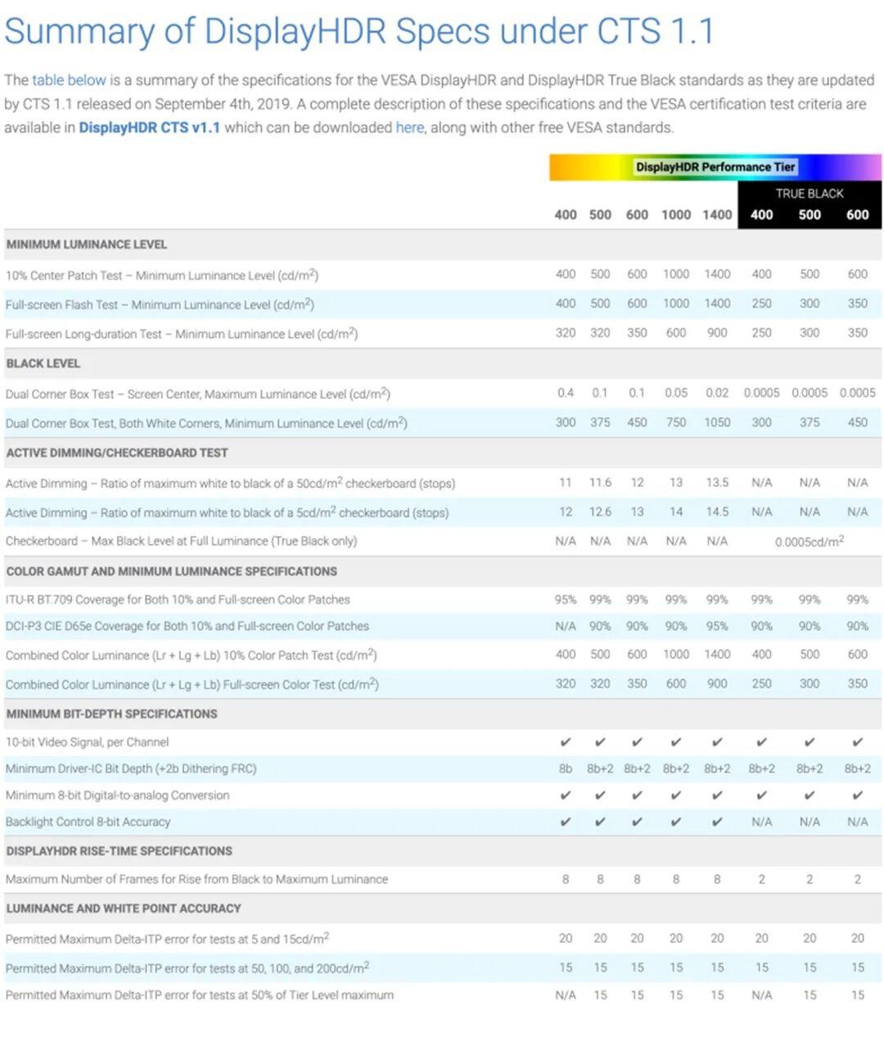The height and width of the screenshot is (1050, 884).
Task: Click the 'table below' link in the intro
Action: click(69, 80)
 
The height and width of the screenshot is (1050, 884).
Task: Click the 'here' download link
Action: click(409, 128)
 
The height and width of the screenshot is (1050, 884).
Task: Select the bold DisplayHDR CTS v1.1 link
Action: click(149, 128)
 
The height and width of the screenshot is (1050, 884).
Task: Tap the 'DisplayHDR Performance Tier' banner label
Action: click(715, 167)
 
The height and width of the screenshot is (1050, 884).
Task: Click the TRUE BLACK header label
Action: click(809, 193)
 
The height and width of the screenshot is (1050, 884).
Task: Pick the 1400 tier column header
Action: click(717, 214)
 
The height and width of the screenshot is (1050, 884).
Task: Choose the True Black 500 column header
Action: click(809, 214)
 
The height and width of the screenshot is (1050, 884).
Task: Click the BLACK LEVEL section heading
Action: click(43, 363)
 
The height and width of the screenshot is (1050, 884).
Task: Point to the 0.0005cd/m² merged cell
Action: click(809, 541)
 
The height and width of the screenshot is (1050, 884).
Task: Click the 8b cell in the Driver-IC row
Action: click(566, 768)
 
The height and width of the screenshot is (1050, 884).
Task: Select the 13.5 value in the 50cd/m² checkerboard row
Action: click(717, 483)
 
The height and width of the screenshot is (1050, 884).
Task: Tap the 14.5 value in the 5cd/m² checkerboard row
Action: click(717, 512)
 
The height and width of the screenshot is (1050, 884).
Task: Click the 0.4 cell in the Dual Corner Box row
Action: click(566, 393)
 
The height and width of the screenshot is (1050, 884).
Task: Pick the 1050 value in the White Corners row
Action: click(717, 422)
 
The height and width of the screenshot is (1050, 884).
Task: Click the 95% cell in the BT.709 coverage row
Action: click(566, 600)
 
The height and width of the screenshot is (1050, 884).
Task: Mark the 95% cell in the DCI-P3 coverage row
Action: click(717, 626)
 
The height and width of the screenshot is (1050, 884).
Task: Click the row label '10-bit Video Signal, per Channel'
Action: click(88, 742)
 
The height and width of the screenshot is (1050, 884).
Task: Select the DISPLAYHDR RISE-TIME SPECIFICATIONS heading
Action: click(120, 851)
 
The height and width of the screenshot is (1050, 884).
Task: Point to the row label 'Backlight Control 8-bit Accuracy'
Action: click(88, 822)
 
